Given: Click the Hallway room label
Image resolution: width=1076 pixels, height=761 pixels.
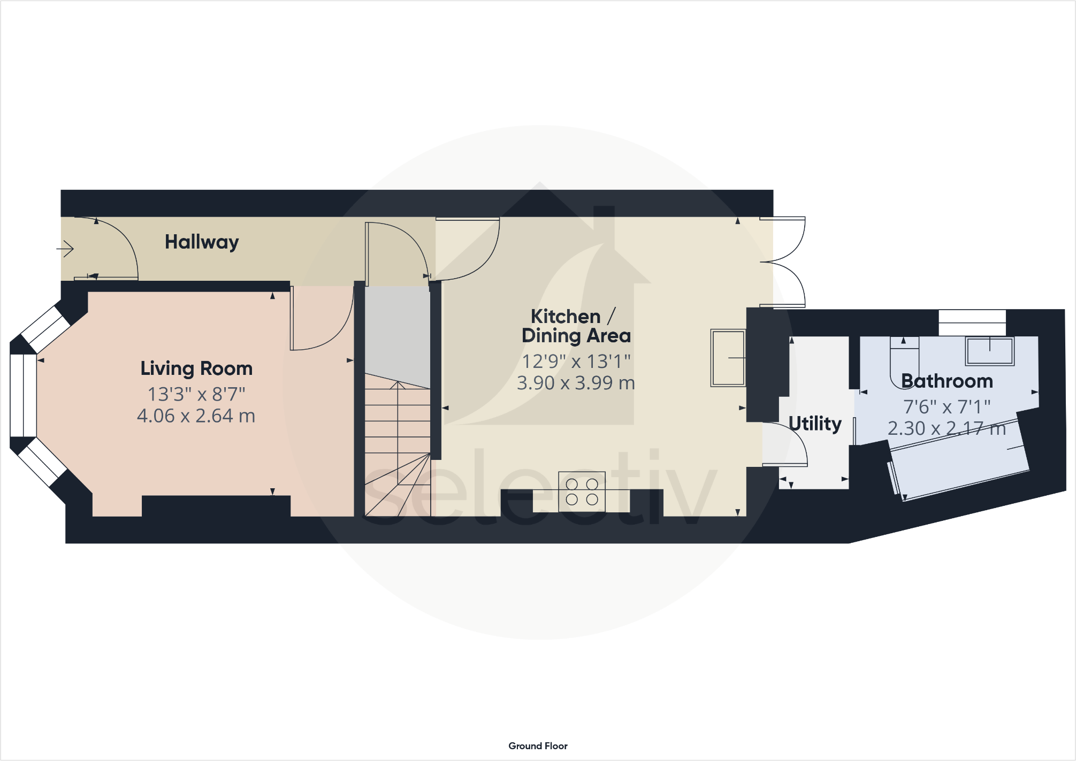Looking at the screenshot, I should click(201, 242).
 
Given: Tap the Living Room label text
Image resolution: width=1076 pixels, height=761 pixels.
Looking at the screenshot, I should click(196, 368).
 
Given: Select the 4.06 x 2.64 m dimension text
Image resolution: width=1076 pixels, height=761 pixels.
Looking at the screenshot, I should click(196, 416).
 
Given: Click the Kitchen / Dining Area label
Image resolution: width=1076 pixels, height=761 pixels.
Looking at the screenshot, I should click(576, 326).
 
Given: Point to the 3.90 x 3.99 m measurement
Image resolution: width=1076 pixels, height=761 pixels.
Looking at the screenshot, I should click(576, 383).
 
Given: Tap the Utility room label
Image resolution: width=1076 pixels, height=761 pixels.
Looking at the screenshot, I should click(814, 424).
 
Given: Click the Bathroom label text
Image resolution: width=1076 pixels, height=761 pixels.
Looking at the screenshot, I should click(947, 381).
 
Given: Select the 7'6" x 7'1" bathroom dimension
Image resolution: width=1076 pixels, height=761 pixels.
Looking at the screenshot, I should click(947, 407).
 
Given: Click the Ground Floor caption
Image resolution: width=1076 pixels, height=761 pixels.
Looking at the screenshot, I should click(538, 745).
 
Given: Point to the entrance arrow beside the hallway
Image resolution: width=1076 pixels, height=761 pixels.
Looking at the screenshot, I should click(65, 249).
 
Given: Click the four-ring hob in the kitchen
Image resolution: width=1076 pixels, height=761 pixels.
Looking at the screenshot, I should click(582, 491).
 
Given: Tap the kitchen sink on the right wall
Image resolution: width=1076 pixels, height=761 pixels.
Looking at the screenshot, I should click(728, 357).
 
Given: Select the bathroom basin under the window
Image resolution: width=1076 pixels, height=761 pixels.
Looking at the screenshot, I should click(989, 351).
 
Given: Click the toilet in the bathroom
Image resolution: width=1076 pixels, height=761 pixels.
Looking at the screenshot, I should click(904, 361).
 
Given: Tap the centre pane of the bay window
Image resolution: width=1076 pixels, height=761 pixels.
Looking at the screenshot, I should click(23, 396).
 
